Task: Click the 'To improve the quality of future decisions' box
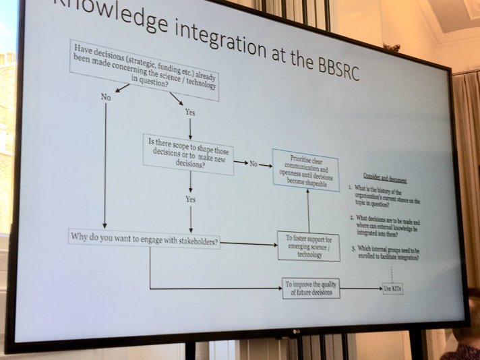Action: (310, 288)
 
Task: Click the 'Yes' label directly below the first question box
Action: (190, 112)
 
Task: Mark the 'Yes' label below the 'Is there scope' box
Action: (191, 200)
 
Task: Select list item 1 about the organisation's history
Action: (385, 196)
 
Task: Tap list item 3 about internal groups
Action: (385, 254)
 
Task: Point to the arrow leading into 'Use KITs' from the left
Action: (361, 289)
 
